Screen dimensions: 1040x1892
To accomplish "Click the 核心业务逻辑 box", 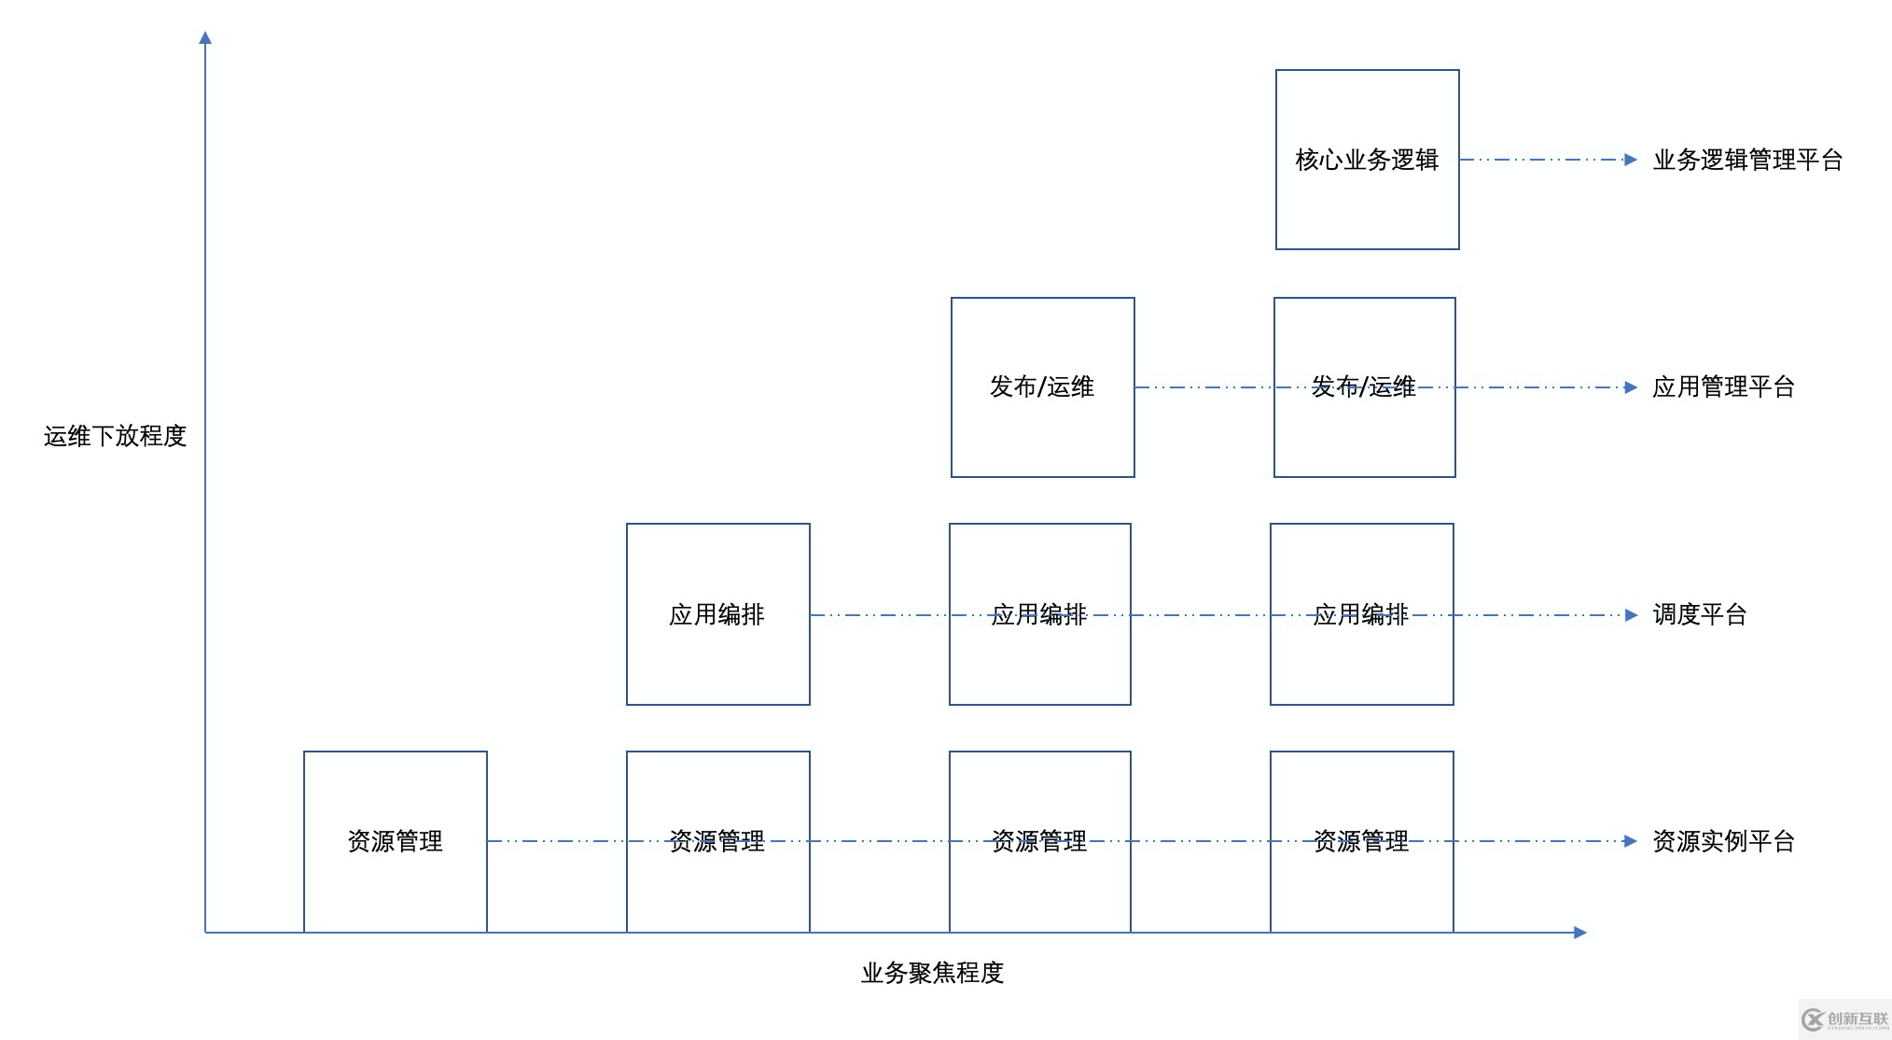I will coord(1367,160).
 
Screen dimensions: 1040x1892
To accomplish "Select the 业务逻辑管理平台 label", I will coord(1747,161).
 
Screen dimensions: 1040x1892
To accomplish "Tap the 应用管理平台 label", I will coord(1723,387).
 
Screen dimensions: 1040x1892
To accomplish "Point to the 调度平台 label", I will coord(1699,614).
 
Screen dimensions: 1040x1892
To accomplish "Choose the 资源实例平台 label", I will coord(1723,841).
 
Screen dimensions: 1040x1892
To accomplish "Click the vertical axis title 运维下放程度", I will coord(115,436).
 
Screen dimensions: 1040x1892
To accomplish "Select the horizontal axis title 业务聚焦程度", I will coord(932,973).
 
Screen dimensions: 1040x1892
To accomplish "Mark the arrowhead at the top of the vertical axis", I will coord(205,38).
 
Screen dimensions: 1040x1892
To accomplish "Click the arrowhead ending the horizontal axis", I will coord(1579,933).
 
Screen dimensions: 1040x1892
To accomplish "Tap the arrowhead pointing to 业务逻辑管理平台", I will coord(1630,160).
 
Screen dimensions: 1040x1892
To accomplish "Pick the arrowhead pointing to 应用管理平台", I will coord(1630,387).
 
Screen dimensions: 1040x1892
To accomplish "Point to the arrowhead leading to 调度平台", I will coord(1630,615).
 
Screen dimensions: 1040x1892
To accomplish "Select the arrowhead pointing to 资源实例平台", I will coord(1630,841).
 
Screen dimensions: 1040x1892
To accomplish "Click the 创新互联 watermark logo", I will coord(1845,1019).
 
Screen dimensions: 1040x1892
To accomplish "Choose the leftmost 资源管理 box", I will coord(396,841).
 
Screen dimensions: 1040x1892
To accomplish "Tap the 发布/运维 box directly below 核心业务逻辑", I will coord(1364,387).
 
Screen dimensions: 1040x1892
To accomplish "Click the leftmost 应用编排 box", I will coord(717,614).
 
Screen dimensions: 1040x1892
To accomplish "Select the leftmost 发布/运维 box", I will coord(1042,387).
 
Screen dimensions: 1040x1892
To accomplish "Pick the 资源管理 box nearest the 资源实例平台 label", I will coord(1361,841).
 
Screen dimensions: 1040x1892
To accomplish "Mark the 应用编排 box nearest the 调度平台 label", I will coord(1361,614).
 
